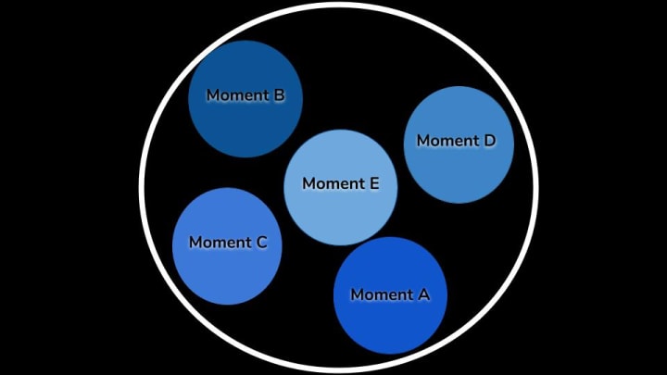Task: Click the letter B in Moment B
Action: coord(279,95)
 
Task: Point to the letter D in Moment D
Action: coord(489,141)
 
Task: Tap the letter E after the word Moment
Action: coord(374,183)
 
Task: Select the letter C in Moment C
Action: coord(261,243)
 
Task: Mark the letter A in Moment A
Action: coord(423,294)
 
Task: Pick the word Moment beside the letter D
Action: coord(448,141)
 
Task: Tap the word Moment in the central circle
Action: coord(333,183)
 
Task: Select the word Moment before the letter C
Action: coord(220,243)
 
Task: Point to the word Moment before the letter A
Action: coord(382,294)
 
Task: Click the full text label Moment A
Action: coord(390,294)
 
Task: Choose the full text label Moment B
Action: coord(245,95)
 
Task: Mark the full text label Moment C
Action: coord(228,243)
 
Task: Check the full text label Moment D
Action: coord(457,141)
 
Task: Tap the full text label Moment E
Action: coord(341,183)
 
